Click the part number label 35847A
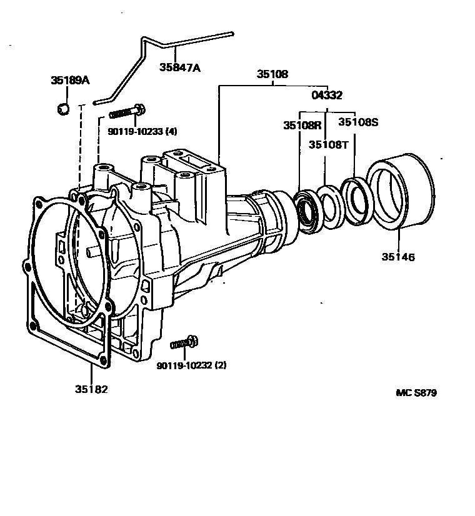coord(180,67)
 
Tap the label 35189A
coord(70,80)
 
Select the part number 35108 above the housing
coord(272,74)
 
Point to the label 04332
coord(327,95)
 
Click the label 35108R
coord(302,126)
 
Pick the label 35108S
coord(359,122)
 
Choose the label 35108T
coord(328,144)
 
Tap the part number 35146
coord(398,257)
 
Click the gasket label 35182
coord(91,389)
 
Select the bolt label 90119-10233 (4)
coord(142,131)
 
